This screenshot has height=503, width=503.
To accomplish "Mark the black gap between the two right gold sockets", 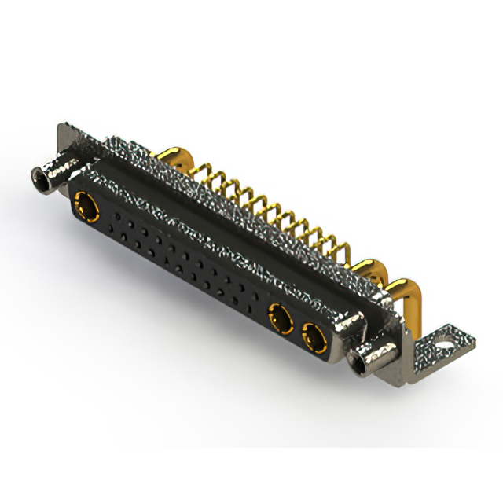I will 297,329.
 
